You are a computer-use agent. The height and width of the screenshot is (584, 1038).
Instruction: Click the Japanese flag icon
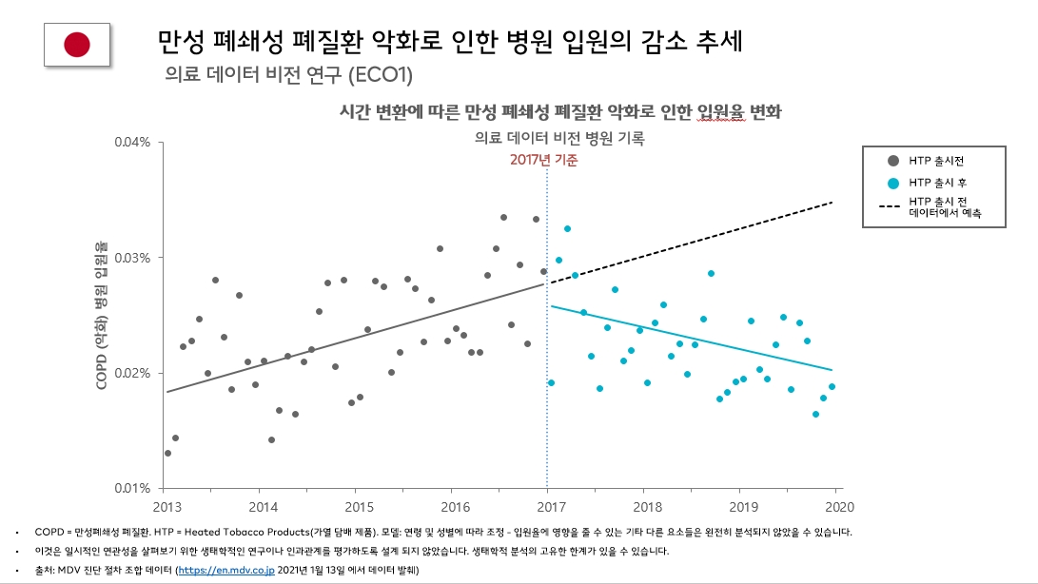[x=77, y=44]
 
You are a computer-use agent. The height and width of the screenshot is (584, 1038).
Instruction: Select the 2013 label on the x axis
[x=166, y=506]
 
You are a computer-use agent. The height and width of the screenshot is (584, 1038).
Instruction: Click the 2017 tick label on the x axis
[x=548, y=506]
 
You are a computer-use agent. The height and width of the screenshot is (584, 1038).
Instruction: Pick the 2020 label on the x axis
[x=835, y=506]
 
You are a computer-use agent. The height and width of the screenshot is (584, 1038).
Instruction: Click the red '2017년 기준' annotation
[x=543, y=161]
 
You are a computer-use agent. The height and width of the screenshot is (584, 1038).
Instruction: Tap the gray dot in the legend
[x=892, y=161]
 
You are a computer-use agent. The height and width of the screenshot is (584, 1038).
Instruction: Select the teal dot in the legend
[x=892, y=182]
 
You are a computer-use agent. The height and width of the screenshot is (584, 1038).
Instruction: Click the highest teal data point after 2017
[x=567, y=228]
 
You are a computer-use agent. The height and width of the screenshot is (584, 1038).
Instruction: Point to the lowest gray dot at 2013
[x=167, y=453]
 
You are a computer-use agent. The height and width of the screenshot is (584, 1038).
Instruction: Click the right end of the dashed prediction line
[x=833, y=203]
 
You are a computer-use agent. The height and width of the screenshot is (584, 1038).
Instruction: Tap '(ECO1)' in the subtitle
[x=381, y=73]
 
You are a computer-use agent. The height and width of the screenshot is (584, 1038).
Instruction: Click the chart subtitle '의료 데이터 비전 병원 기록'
[x=559, y=138]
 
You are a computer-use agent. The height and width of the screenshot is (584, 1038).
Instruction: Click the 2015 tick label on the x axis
[x=358, y=506]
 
